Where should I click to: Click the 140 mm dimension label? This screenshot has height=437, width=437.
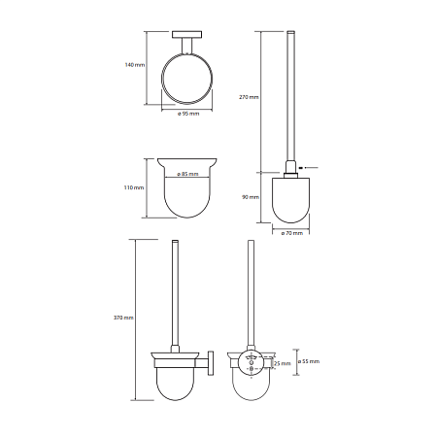135,65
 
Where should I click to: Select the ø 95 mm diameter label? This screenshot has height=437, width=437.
188,114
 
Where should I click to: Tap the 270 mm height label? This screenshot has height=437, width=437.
249,97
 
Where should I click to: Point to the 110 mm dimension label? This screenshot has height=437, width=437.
134,187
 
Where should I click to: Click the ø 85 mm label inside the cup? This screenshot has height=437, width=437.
187,174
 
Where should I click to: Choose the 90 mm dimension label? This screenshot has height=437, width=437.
251,197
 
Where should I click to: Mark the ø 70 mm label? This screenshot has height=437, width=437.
292,233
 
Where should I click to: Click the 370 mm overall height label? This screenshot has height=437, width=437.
123,318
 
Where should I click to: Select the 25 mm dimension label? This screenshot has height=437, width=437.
283,363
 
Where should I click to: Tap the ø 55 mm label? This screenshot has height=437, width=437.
309,361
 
